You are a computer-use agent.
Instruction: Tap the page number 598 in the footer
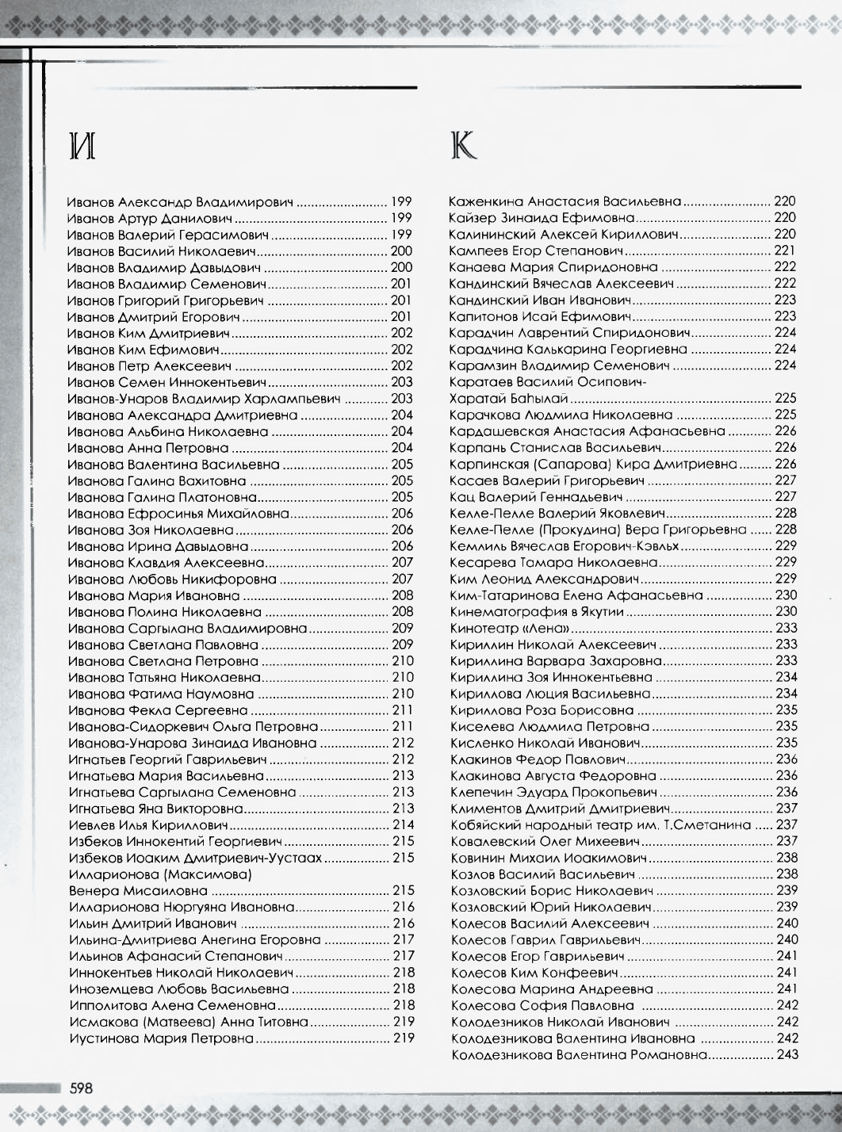[82, 1088]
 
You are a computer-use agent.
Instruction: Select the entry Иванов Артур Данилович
[150, 218]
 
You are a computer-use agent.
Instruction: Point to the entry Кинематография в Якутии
[537, 611]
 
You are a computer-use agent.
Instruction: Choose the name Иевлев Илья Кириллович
[149, 825]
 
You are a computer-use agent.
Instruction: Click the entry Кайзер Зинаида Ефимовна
[542, 218]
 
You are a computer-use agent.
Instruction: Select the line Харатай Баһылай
[508, 398]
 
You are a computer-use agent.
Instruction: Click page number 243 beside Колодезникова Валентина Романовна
[787, 1055]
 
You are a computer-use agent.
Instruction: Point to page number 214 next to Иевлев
[404, 825]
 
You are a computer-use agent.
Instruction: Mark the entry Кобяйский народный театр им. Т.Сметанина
[600, 825]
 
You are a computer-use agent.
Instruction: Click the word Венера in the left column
[92, 891]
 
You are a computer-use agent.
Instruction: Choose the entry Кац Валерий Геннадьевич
[536, 497]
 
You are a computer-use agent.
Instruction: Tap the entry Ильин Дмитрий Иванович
[153, 924]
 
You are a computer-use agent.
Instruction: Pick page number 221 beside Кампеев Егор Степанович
[785, 250]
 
